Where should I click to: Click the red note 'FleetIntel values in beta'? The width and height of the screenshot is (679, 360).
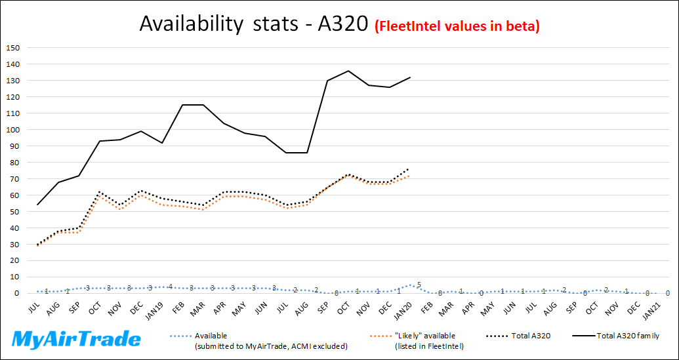pyautogui.click(x=457, y=26)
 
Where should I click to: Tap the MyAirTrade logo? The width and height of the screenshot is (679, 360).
pyautogui.click(x=77, y=339)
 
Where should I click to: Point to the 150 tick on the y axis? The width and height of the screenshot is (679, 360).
pyautogui.click(x=14, y=48)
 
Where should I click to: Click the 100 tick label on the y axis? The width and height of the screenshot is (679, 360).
pyautogui.click(x=14, y=130)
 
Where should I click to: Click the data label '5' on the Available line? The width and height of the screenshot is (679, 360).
pyautogui.click(x=419, y=285)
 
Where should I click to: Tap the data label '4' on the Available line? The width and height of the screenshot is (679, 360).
pyautogui.click(x=171, y=287)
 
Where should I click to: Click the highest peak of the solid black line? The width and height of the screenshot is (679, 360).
pyautogui.click(x=348, y=71)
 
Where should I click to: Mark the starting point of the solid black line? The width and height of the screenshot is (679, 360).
pyautogui.click(x=37, y=205)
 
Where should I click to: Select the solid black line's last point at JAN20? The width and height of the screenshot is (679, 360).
pyautogui.click(x=410, y=77)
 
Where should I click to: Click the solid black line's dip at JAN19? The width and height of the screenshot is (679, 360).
pyautogui.click(x=161, y=143)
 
